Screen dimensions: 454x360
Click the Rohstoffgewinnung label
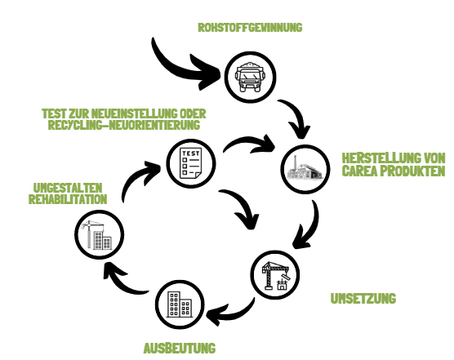point(250,28)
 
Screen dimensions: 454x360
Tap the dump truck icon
point(250,77)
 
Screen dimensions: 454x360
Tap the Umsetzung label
point(363,298)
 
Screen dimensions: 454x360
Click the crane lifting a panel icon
point(275,275)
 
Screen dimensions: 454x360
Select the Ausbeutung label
point(180,348)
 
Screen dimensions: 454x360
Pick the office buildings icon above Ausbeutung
point(180,304)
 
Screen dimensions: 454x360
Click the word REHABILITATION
point(68,199)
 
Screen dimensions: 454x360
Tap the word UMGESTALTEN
point(68,188)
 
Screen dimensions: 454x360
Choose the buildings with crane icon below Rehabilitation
point(99,235)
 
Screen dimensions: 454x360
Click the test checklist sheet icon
point(190,163)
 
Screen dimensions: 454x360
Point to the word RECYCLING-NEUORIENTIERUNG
point(124,125)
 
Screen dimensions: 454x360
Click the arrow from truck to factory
point(296,116)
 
